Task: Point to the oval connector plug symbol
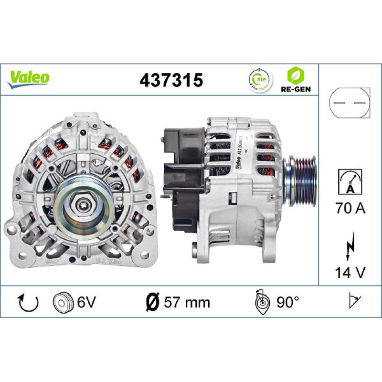(350, 103)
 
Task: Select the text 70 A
(350, 209)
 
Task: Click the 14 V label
(350, 272)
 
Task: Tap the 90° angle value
(286, 302)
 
